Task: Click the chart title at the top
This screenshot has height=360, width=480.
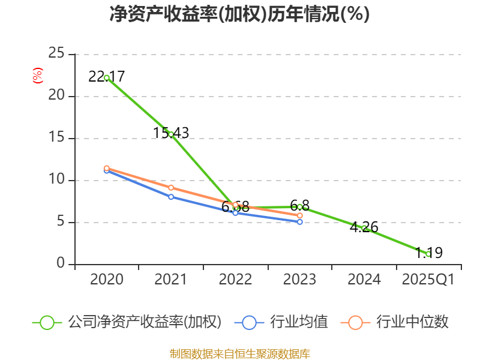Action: pyautogui.click(x=239, y=14)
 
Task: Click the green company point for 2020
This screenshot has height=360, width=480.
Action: pyautogui.click(x=107, y=77)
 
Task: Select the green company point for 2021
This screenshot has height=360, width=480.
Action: pyautogui.click(x=171, y=134)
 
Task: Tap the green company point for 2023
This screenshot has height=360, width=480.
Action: pyautogui.click(x=300, y=207)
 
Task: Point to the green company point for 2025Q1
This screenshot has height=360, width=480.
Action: pyautogui.click(x=428, y=254)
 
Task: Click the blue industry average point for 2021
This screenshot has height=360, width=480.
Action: pyautogui.click(x=171, y=197)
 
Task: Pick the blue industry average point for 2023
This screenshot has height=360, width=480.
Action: pyautogui.click(x=300, y=222)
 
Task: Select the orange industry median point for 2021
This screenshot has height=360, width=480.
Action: pyautogui.click(x=171, y=188)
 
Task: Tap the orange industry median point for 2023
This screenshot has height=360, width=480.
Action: pyautogui.click(x=300, y=215)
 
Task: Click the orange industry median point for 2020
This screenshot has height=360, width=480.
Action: pyautogui.click(x=107, y=169)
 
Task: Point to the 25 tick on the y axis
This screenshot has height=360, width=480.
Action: pyautogui.click(x=56, y=54)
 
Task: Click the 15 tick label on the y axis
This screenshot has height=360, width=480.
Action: pyautogui.click(x=56, y=138)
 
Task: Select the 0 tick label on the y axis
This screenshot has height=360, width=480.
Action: pyautogui.click(x=61, y=264)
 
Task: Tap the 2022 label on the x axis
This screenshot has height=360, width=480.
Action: pyautogui.click(x=235, y=280)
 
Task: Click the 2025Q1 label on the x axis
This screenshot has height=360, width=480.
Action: pyautogui.click(x=428, y=280)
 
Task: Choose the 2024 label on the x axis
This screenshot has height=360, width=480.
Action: pyautogui.click(x=364, y=280)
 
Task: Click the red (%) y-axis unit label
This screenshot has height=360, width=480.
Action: pyautogui.click(x=38, y=76)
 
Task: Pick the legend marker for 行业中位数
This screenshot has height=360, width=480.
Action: pyautogui.click(x=355, y=322)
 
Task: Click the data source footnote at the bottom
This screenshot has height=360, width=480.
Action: pyautogui.click(x=239, y=353)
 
